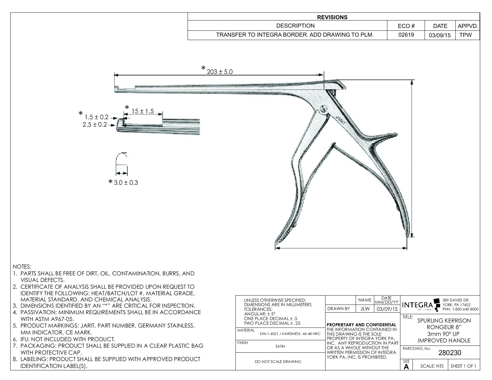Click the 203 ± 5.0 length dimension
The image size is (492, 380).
[219, 72]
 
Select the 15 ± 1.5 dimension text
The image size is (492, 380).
[143, 111]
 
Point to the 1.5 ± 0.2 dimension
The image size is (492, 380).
[97, 117]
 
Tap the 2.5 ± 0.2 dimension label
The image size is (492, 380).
[95, 124]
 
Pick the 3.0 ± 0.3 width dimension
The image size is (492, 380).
[125, 183]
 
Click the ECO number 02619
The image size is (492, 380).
[406, 35]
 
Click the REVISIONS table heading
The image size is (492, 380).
[332, 17]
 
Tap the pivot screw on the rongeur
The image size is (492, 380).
[324, 110]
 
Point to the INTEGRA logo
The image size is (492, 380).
[418, 305]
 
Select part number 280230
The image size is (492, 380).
[449, 353]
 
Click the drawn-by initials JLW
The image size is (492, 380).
[365, 309]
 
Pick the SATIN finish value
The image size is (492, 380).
[280, 346]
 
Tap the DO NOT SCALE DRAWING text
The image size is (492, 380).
[278, 361]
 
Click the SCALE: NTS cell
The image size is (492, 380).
[432, 366]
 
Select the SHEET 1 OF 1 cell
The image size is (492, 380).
[463, 366]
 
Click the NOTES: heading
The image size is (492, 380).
[22, 267]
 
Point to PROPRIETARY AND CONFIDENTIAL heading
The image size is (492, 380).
[362, 325]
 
